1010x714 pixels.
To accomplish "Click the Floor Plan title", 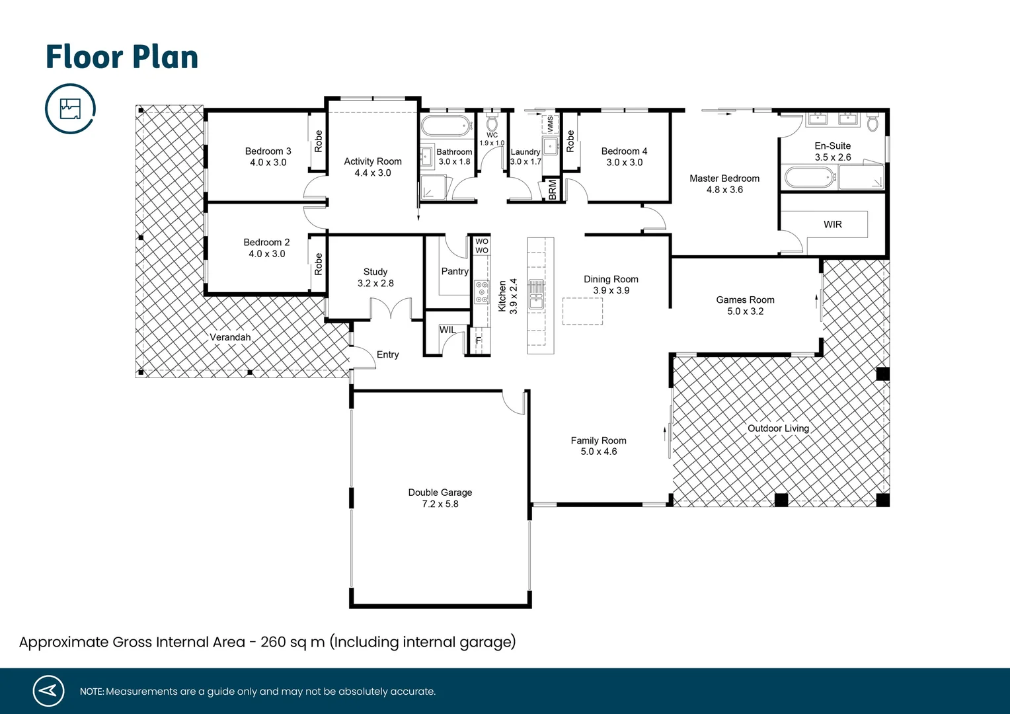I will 122,57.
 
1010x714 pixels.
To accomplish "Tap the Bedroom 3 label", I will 268,151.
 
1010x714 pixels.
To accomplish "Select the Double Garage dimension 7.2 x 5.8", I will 440,504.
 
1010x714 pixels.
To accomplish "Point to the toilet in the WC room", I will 492,123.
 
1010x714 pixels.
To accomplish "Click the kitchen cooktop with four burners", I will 482,292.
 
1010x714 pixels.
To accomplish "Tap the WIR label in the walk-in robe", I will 832,225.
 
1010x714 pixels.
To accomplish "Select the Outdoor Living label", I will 778,428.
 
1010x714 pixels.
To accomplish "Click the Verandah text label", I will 230,337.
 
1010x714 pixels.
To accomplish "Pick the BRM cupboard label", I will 553,190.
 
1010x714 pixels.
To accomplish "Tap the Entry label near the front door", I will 387,355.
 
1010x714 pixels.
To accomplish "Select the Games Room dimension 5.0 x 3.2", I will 745,311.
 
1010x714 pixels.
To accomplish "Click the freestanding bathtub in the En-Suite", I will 809,177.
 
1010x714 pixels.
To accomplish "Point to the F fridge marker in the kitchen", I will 479,340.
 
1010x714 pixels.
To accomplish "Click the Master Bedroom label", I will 724,178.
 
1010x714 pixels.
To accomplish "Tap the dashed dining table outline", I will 582,311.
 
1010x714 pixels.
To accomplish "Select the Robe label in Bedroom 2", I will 319,264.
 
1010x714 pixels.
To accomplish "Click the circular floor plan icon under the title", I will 70,108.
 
